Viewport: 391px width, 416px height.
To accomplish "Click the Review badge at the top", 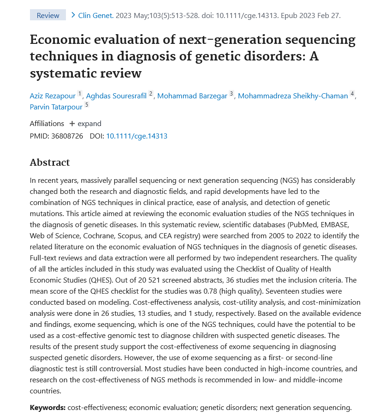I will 48,15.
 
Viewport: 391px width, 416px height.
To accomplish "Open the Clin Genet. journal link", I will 96,15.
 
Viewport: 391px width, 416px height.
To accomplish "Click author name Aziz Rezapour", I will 53,96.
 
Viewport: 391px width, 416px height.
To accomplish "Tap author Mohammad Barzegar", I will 192,96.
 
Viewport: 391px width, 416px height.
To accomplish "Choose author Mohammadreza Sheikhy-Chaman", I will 293,96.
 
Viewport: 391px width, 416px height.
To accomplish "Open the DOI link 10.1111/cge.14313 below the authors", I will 136,136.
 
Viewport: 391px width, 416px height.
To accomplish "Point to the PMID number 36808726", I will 67,136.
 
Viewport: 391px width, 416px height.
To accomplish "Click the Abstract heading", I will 50,162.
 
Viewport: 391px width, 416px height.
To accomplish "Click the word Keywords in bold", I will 47,407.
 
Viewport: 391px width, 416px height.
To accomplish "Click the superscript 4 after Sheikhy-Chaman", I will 352,94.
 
